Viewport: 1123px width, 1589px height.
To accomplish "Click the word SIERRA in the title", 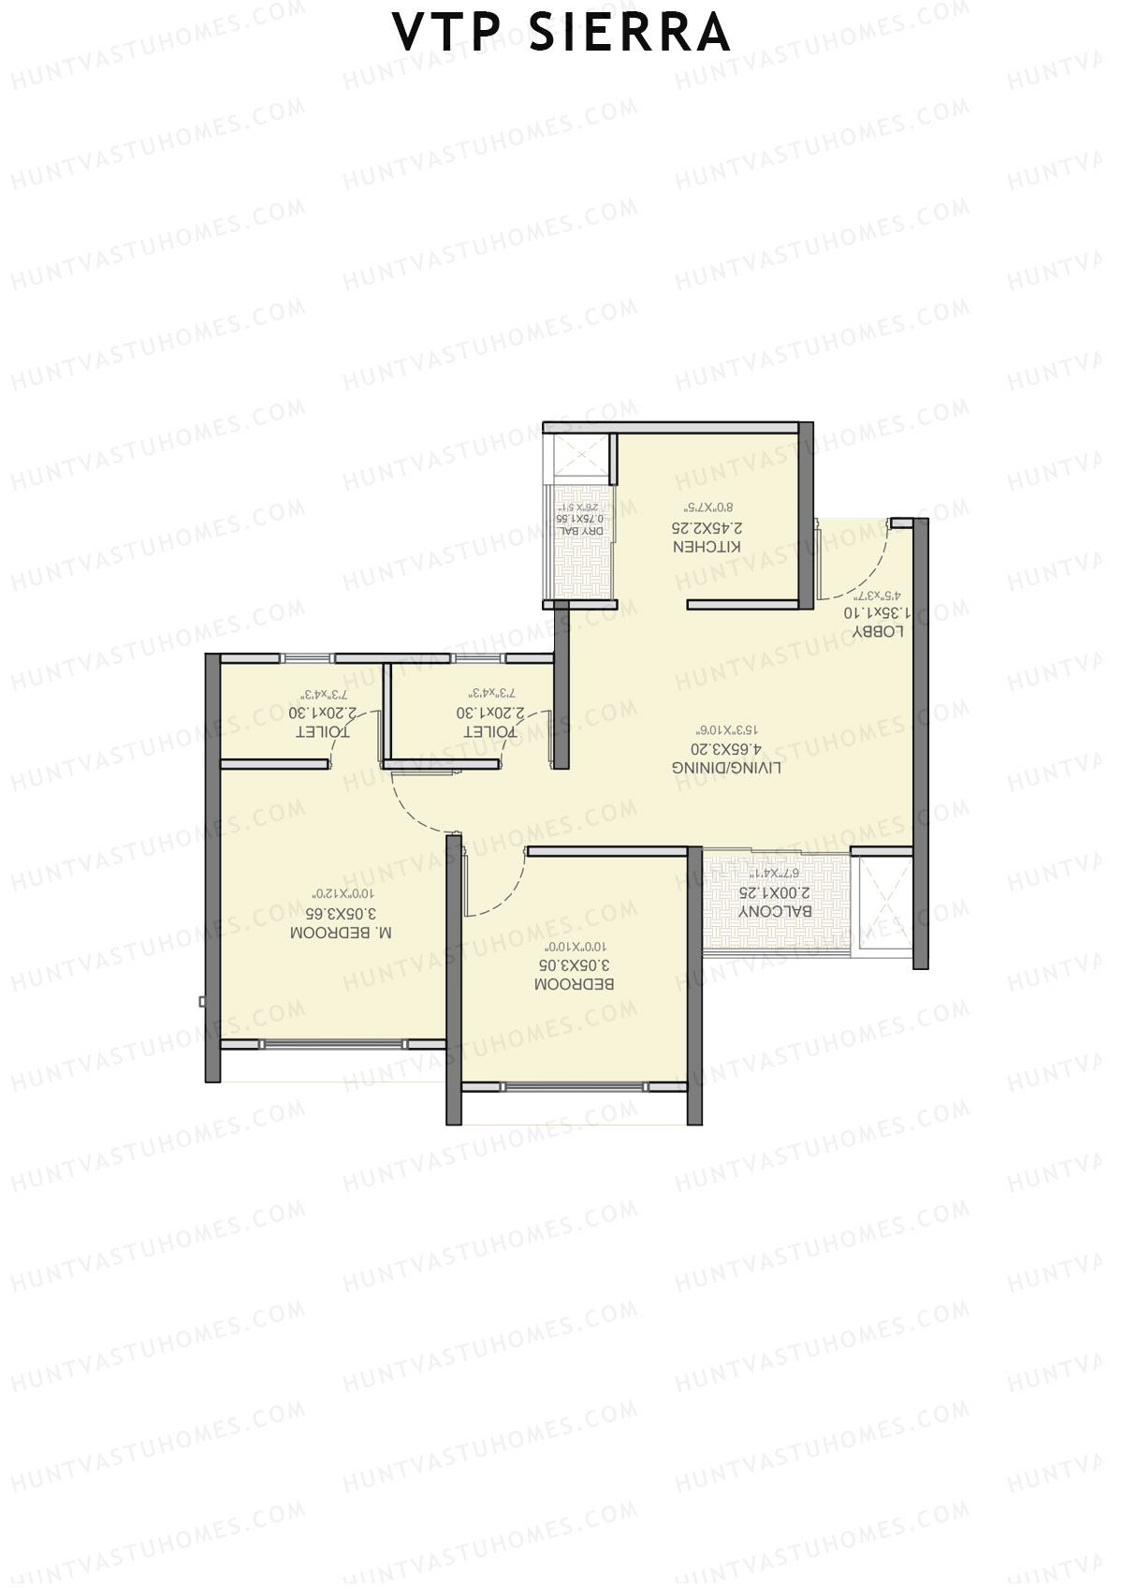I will (x=630, y=33).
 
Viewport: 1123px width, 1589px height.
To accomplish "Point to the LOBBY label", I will (x=878, y=631).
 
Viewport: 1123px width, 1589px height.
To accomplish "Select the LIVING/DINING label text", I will (x=727, y=767).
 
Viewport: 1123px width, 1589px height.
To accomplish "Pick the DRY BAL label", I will (x=582, y=531).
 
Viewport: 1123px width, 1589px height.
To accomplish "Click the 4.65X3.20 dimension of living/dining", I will (x=727, y=748).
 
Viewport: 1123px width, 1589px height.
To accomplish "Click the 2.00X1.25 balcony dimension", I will (x=775, y=892).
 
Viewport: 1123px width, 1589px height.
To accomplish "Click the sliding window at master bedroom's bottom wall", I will (x=334, y=1043).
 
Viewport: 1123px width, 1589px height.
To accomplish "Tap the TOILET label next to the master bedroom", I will (x=322, y=731).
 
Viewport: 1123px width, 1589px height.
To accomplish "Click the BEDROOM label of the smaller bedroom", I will (x=574, y=984).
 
